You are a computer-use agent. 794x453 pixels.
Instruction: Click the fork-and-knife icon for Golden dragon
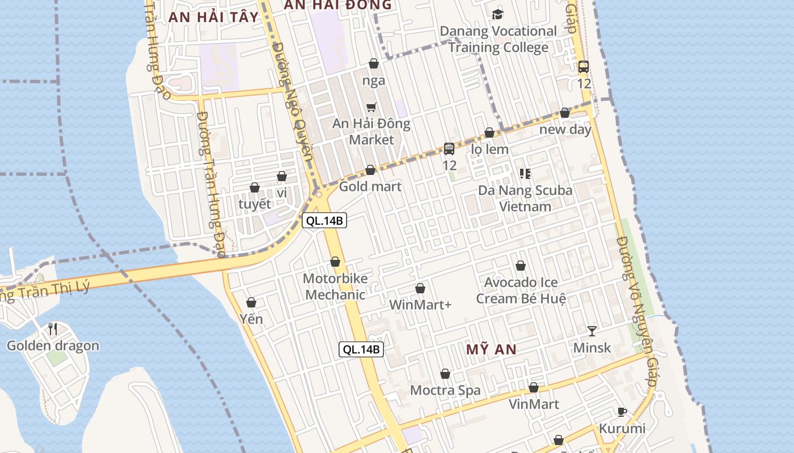coord(53,328)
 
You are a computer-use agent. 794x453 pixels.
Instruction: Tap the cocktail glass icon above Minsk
coord(592,331)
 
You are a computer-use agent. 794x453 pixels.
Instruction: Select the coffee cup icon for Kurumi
coord(622,412)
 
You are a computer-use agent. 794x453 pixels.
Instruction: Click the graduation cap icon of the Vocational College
coord(498,14)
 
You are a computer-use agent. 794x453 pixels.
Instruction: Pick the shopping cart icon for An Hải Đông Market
coord(371,107)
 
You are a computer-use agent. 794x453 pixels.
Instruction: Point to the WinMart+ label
coord(420,305)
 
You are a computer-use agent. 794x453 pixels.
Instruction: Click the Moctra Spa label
coord(445,390)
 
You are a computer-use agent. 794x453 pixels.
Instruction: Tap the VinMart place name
coord(534,404)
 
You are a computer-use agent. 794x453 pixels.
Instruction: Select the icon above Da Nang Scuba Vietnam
coord(525,174)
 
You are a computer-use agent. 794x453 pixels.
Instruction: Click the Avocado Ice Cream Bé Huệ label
coord(521,290)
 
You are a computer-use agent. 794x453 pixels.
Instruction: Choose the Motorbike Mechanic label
coord(335,287)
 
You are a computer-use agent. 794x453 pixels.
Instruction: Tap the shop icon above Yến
coord(251,303)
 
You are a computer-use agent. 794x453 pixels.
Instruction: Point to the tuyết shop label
coord(255,204)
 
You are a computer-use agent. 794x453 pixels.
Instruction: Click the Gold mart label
coord(370,186)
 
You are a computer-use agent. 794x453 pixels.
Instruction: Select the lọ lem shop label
coord(490,149)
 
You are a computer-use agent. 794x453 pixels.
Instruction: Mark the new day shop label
coord(565,129)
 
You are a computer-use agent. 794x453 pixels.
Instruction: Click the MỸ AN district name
coord(492,349)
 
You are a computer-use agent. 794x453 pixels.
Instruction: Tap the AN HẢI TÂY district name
coord(213,17)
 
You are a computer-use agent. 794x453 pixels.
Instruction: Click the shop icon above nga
coord(374,63)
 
